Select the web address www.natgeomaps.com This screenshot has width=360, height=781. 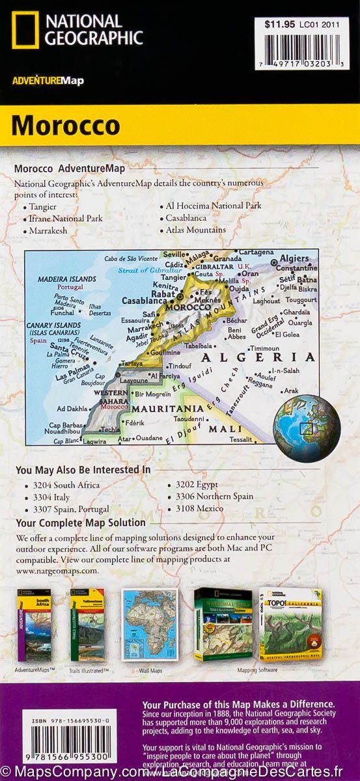coord(58,570)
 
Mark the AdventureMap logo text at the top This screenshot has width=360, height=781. coord(47,81)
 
